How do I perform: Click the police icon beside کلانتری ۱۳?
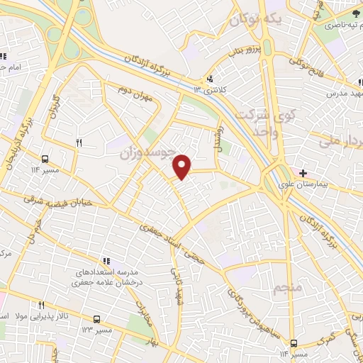coord(210,79)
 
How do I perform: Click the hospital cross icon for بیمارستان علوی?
coord(303,172)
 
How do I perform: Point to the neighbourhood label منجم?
coord(286,287)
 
